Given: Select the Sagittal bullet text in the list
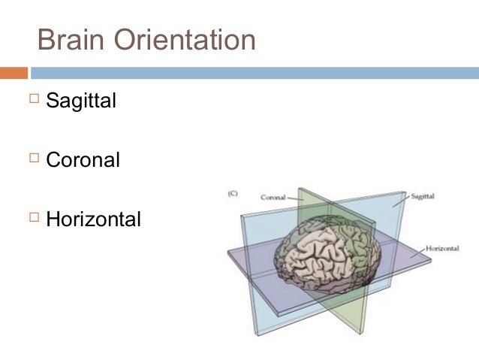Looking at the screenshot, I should point(80,100).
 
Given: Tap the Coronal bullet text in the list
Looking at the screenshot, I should point(83,160).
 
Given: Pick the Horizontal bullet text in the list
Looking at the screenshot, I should point(93,220).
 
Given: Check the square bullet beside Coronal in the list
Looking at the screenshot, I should point(34,159).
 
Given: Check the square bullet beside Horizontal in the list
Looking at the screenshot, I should point(34,219).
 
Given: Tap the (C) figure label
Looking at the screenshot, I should point(233,193).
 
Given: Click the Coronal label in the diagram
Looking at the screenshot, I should point(273,198).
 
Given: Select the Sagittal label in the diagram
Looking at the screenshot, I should point(423,196).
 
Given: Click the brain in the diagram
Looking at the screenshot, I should point(327,256).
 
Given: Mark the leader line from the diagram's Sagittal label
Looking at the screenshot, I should point(401,201).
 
